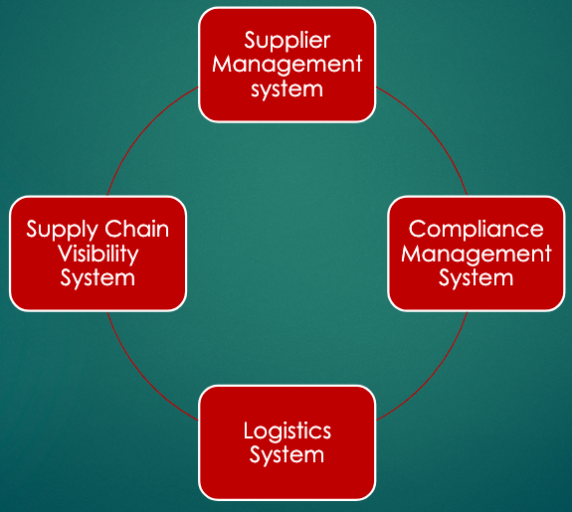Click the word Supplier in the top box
click(287, 42)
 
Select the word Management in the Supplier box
click(287, 66)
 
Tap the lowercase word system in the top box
click(287, 88)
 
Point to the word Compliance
click(476, 230)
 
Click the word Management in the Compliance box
click(476, 254)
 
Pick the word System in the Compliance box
click(476, 277)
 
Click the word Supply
click(60, 230)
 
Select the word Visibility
click(97, 254)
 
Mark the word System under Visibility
click(97, 277)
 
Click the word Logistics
click(287, 431)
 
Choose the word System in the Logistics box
click(287, 455)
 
